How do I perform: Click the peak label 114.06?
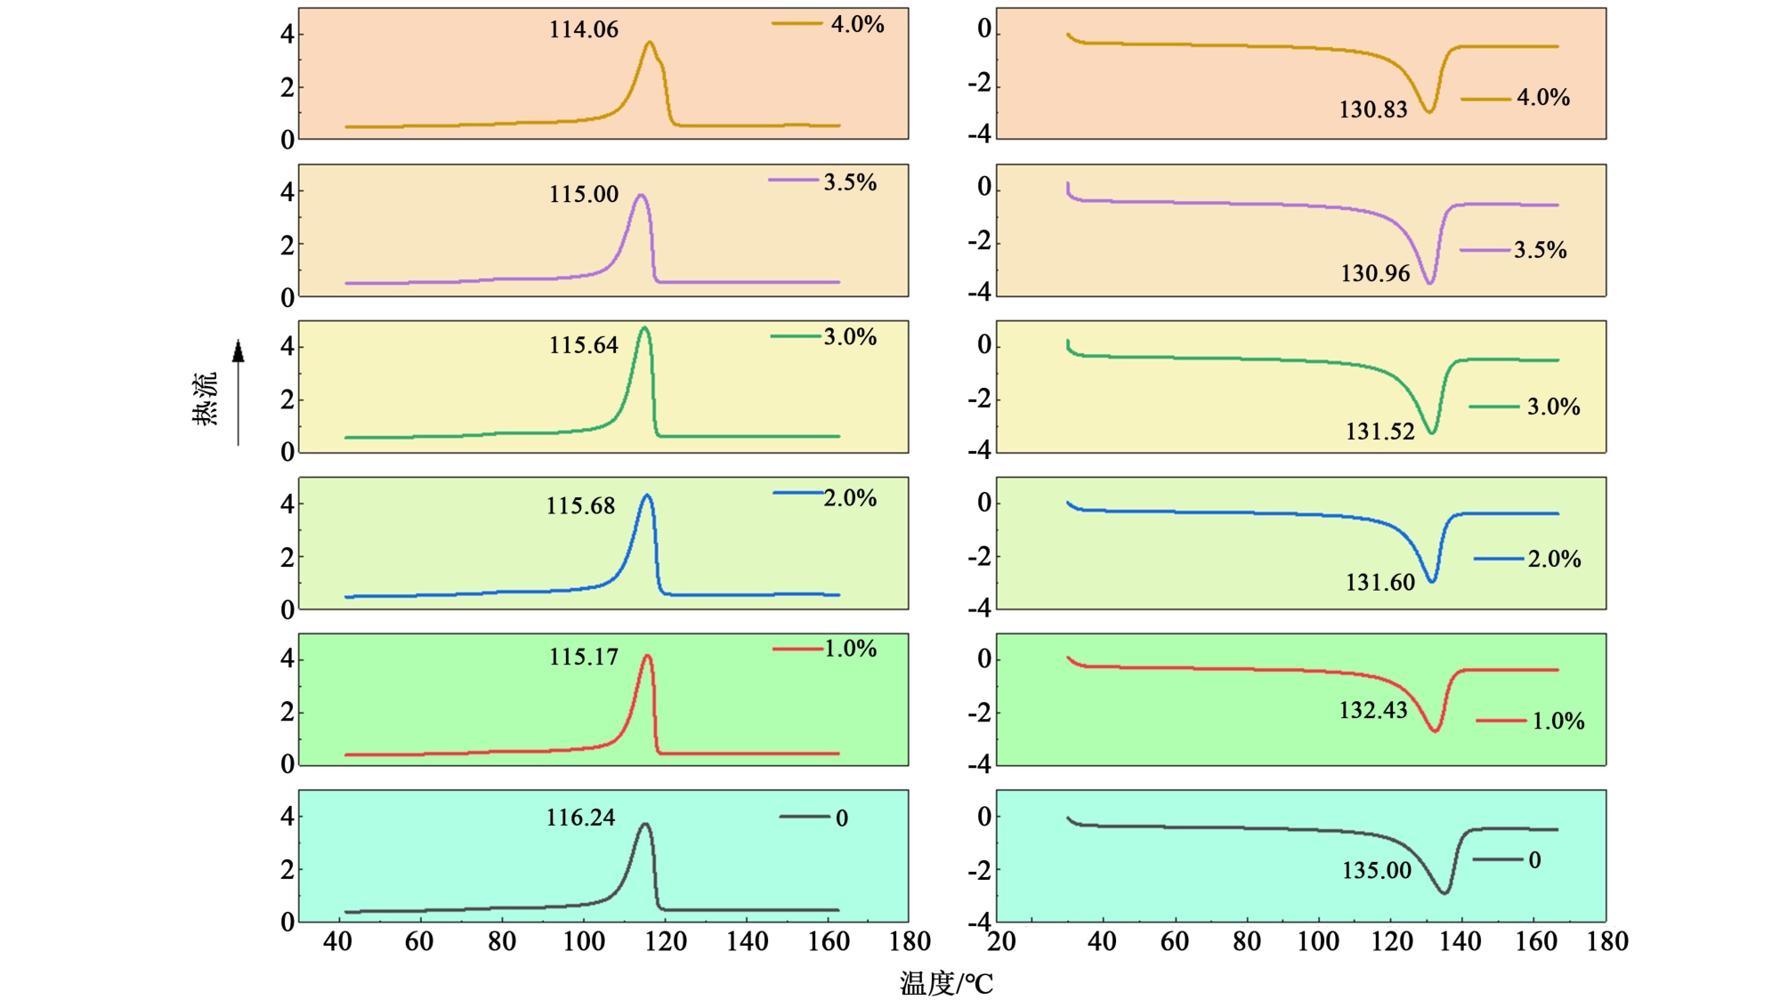tap(583, 30)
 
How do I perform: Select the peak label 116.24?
tap(580, 818)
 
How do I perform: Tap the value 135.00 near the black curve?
tap(1376, 871)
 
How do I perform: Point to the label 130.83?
tap(1372, 110)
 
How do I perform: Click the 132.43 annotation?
tap(1372, 711)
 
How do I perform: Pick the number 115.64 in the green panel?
tap(583, 346)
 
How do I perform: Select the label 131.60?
tap(1379, 583)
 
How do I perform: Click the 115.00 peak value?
tap(583, 195)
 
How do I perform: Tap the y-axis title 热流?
tap(205, 399)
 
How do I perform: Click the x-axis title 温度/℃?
tap(945, 983)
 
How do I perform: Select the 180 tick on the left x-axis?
tap(910, 941)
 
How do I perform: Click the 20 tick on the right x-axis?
tap(1001, 941)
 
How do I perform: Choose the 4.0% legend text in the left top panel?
tap(857, 25)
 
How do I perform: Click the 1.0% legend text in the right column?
tap(1557, 722)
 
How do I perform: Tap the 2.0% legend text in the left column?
tap(850, 498)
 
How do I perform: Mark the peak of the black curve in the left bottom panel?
tap(644, 825)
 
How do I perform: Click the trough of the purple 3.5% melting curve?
tap(1429, 283)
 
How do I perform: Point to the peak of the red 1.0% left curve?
tap(647, 657)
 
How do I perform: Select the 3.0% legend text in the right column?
tap(1553, 407)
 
